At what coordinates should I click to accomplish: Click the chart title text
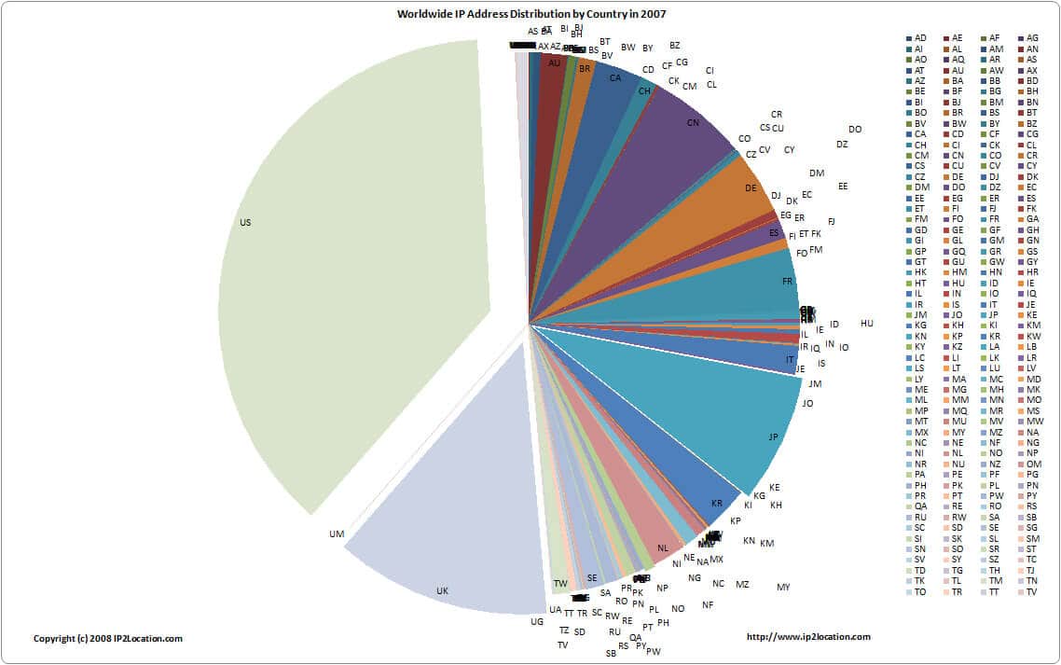pyautogui.click(x=531, y=14)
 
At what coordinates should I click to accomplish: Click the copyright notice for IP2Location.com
pyautogui.click(x=108, y=639)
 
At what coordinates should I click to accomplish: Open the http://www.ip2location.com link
pyautogui.click(x=809, y=637)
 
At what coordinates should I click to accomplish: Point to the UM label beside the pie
pyautogui.click(x=338, y=534)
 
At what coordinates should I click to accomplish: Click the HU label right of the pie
pyautogui.click(x=867, y=324)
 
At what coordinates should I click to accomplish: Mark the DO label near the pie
pyautogui.click(x=855, y=130)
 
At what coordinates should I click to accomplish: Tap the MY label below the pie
pyautogui.click(x=783, y=587)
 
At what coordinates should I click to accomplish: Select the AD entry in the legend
pyautogui.click(x=920, y=37)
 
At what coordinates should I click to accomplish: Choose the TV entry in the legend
pyautogui.click(x=1031, y=592)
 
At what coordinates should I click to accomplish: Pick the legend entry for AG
pyautogui.click(x=1032, y=37)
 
